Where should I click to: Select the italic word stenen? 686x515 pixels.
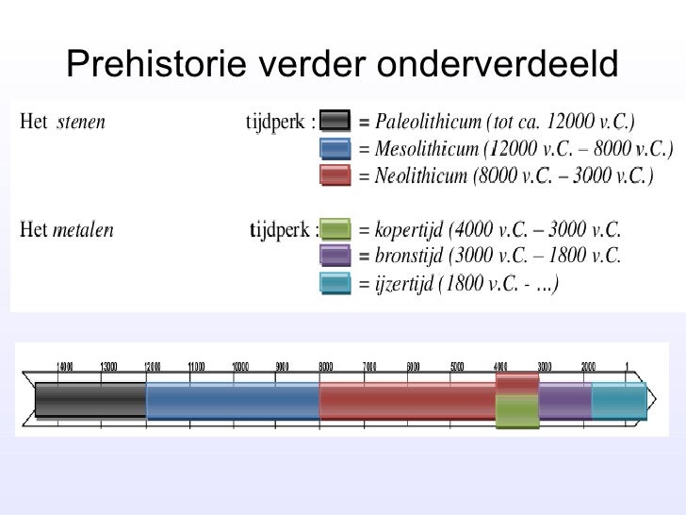[x=81, y=122]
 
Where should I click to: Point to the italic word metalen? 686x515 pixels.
[x=83, y=229]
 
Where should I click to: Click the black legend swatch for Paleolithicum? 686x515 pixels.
[x=335, y=122]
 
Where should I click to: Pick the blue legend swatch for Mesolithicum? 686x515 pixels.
[x=335, y=148]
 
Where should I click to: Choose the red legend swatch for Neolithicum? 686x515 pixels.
[x=335, y=174]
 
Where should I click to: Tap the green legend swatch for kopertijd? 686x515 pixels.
[x=335, y=229]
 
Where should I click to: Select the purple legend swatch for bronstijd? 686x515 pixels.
[x=335, y=256]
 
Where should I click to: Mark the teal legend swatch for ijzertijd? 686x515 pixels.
[x=335, y=282]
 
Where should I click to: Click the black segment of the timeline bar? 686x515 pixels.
[x=90, y=401]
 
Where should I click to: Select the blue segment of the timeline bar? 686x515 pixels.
[x=233, y=401]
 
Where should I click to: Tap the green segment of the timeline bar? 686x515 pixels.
[x=517, y=411]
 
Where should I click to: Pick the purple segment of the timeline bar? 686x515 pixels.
[x=565, y=401]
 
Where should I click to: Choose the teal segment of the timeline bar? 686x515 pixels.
[x=618, y=401]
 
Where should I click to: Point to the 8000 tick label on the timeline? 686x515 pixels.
[x=326, y=366]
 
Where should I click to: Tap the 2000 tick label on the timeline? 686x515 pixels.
[x=588, y=366]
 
